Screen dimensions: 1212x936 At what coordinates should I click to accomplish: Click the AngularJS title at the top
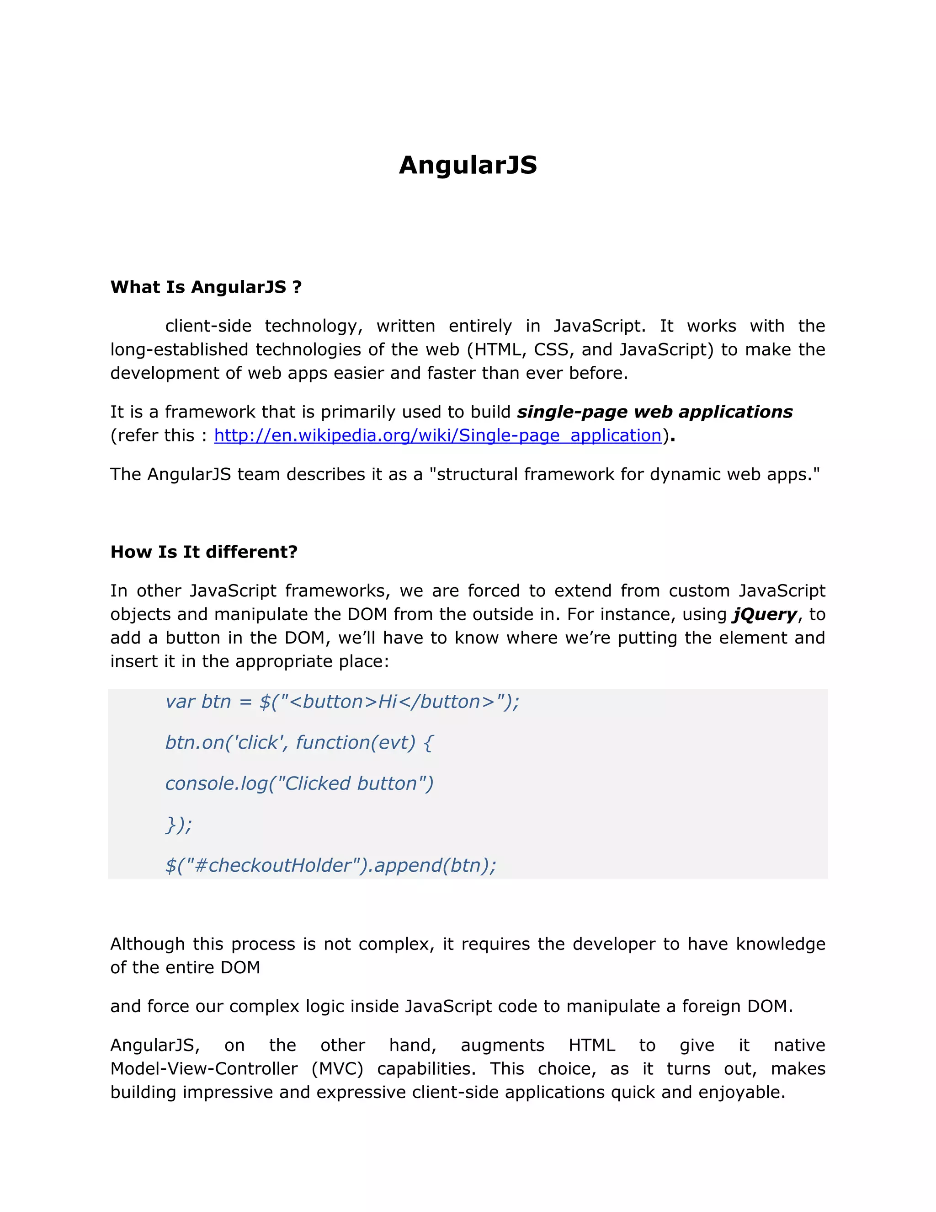468,165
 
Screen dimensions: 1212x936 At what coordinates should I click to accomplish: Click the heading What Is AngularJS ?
206,287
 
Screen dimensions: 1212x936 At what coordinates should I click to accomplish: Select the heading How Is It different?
203,552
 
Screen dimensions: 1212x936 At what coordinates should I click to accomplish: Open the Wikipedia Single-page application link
437,435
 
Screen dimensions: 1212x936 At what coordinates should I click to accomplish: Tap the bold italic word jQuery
765,614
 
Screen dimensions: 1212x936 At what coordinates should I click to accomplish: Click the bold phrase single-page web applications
654,412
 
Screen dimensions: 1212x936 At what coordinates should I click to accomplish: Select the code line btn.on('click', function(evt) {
299,742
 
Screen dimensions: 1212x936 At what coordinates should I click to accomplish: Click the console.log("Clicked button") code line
299,783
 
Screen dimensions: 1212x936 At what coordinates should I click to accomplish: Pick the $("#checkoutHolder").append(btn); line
330,865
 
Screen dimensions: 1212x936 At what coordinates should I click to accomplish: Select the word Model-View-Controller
203,1068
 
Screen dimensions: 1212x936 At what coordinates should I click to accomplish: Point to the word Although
147,944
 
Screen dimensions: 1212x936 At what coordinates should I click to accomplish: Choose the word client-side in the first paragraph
208,326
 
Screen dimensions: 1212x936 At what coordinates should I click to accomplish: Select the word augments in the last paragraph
502,1045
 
